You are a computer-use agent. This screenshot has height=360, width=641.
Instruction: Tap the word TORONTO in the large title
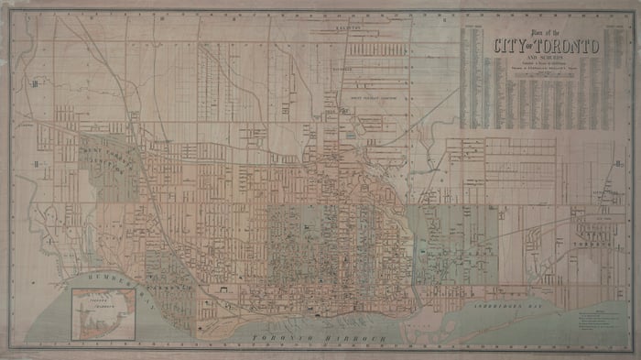(567, 46)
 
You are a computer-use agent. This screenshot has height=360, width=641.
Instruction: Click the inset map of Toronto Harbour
(101, 312)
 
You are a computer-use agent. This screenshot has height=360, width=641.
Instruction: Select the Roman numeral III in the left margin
(34, 84)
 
